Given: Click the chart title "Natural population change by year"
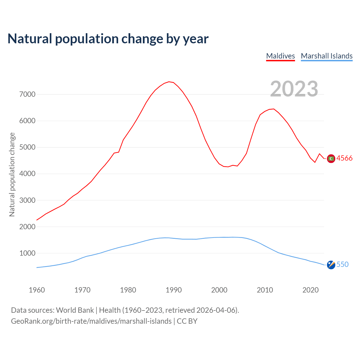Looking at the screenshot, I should (x=108, y=39).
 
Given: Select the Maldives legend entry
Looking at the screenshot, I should (x=280, y=56).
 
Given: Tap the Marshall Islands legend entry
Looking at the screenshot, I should (x=327, y=56).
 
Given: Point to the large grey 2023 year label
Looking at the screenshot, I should (x=294, y=89).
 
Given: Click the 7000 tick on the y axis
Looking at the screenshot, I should (x=27, y=94).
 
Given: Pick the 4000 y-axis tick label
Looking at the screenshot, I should (x=27, y=174).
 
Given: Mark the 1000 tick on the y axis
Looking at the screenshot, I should (x=27, y=253).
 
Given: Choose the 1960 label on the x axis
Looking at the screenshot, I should (x=37, y=290).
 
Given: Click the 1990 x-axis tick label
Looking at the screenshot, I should (x=174, y=290).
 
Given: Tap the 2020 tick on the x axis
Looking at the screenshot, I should (x=310, y=290).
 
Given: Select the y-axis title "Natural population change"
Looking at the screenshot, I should (x=12, y=175).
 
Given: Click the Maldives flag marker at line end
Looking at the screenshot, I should (x=331, y=159).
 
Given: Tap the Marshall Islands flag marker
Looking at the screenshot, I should (x=331, y=265).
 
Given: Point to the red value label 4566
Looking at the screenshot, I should (x=344, y=158).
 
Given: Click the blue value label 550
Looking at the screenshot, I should (x=342, y=264).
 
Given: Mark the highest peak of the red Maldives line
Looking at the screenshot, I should (x=169, y=82).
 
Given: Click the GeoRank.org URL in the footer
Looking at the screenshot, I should (x=91, y=321).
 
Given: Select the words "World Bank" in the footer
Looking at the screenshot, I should (x=75, y=310).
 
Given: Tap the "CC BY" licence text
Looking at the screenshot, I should (x=187, y=321).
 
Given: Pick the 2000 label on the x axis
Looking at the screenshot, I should (x=219, y=290).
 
